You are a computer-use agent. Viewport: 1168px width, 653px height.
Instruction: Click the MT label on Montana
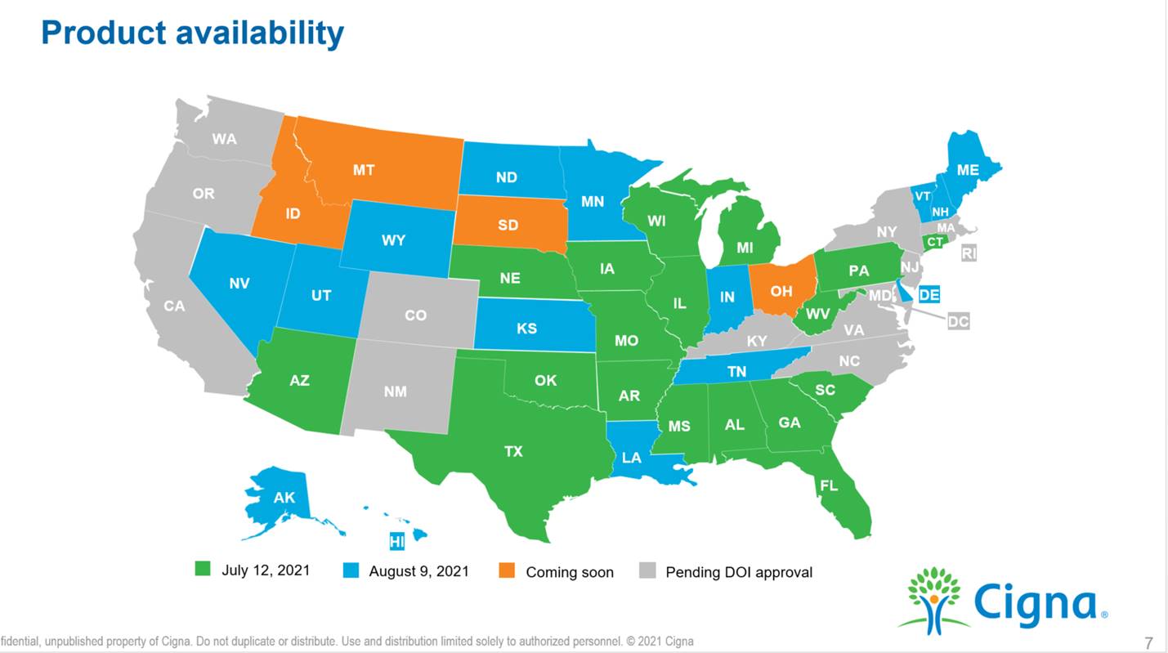point(364,170)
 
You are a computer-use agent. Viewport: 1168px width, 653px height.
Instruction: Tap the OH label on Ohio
point(781,291)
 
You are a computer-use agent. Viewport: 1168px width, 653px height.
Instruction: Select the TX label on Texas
point(513,450)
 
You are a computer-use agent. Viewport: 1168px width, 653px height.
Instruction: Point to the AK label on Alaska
point(284,498)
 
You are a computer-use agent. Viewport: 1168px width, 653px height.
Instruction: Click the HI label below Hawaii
point(397,541)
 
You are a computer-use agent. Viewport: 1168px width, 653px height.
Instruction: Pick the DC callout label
point(958,321)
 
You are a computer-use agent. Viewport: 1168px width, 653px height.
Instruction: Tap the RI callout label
point(969,253)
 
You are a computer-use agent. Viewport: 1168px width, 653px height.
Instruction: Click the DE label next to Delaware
point(929,294)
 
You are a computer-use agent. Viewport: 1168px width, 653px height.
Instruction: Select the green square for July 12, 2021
point(203,569)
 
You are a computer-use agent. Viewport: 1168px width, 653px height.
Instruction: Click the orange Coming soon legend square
point(507,570)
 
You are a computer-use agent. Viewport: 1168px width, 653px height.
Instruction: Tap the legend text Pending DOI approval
point(739,572)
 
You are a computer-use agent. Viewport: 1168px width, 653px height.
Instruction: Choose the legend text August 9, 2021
point(418,570)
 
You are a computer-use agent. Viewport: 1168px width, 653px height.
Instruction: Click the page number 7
point(1148,642)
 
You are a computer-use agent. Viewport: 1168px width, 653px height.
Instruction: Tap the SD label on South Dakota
point(508,225)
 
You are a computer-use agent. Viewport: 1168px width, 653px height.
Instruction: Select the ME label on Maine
point(968,170)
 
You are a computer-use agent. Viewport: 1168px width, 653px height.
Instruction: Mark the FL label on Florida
point(829,485)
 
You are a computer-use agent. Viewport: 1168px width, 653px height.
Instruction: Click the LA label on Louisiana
point(631,458)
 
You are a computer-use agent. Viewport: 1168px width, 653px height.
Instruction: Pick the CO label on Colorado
point(415,315)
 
